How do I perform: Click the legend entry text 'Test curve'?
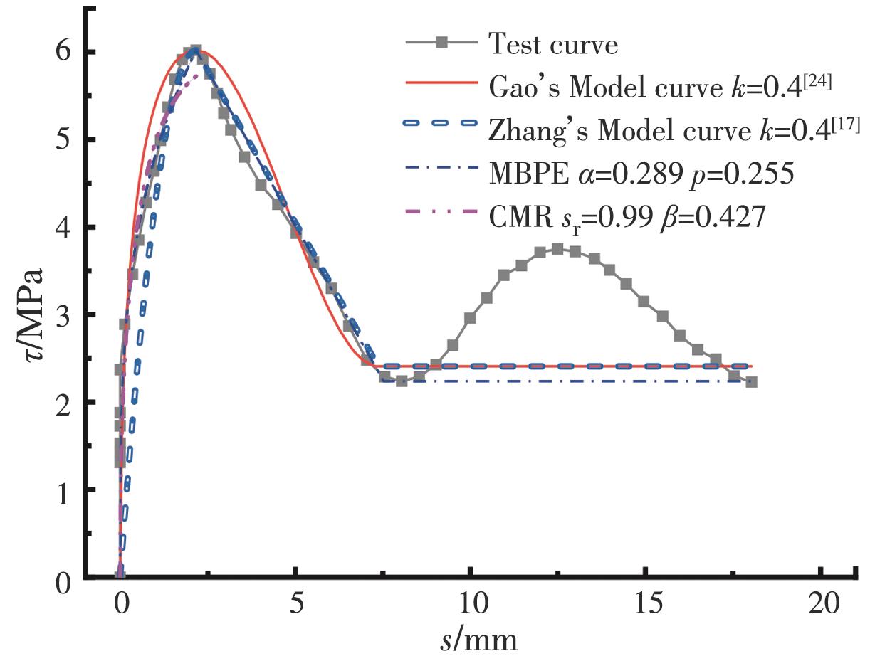(553, 45)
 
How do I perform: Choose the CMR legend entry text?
(627, 216)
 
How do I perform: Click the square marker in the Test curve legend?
(441, 45)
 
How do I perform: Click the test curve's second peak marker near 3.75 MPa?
(557, 249)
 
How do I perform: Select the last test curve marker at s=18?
(751, 381)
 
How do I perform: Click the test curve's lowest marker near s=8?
(402, 381)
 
